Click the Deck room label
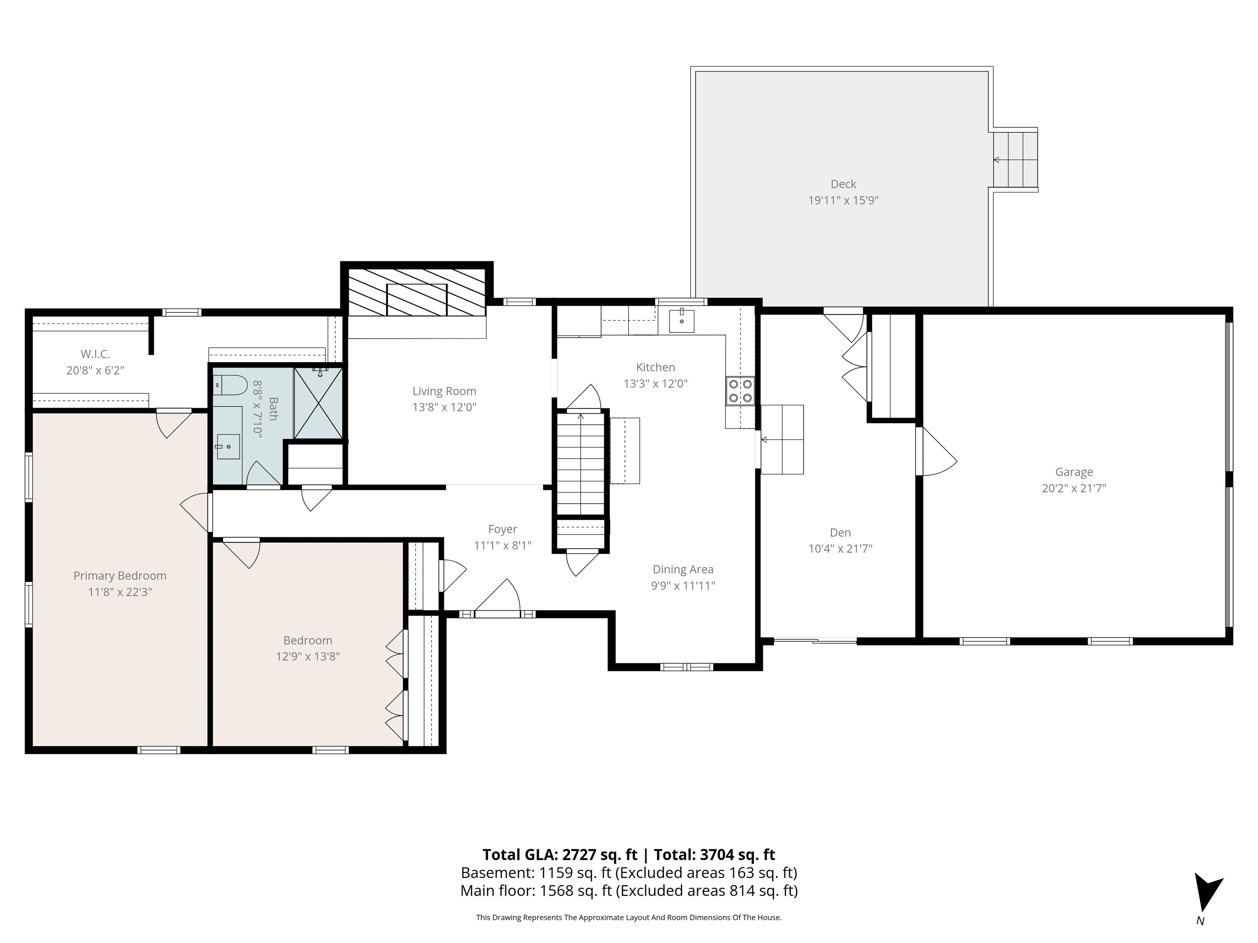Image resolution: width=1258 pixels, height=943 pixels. [x=843, y=184]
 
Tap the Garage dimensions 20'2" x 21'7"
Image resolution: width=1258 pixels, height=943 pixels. [x=1073, y=488]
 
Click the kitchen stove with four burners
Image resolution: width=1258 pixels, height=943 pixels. [x=740, y=391]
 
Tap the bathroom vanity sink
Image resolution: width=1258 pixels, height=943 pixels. [x=228, y=447]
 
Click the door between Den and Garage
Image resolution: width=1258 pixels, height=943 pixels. [x=936, y=452]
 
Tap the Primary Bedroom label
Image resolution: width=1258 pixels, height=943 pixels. [x=120, y=575]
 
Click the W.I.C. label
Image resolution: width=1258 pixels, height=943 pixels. [x=95, y=354]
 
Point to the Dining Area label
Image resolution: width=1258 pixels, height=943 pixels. [x=683, y=569]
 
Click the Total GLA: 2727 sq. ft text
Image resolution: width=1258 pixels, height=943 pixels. [x=560, y=854]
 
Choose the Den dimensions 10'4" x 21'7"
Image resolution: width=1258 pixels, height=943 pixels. [x=840, y=548]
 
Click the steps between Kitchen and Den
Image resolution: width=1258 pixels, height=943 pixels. [x=783, y=440]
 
